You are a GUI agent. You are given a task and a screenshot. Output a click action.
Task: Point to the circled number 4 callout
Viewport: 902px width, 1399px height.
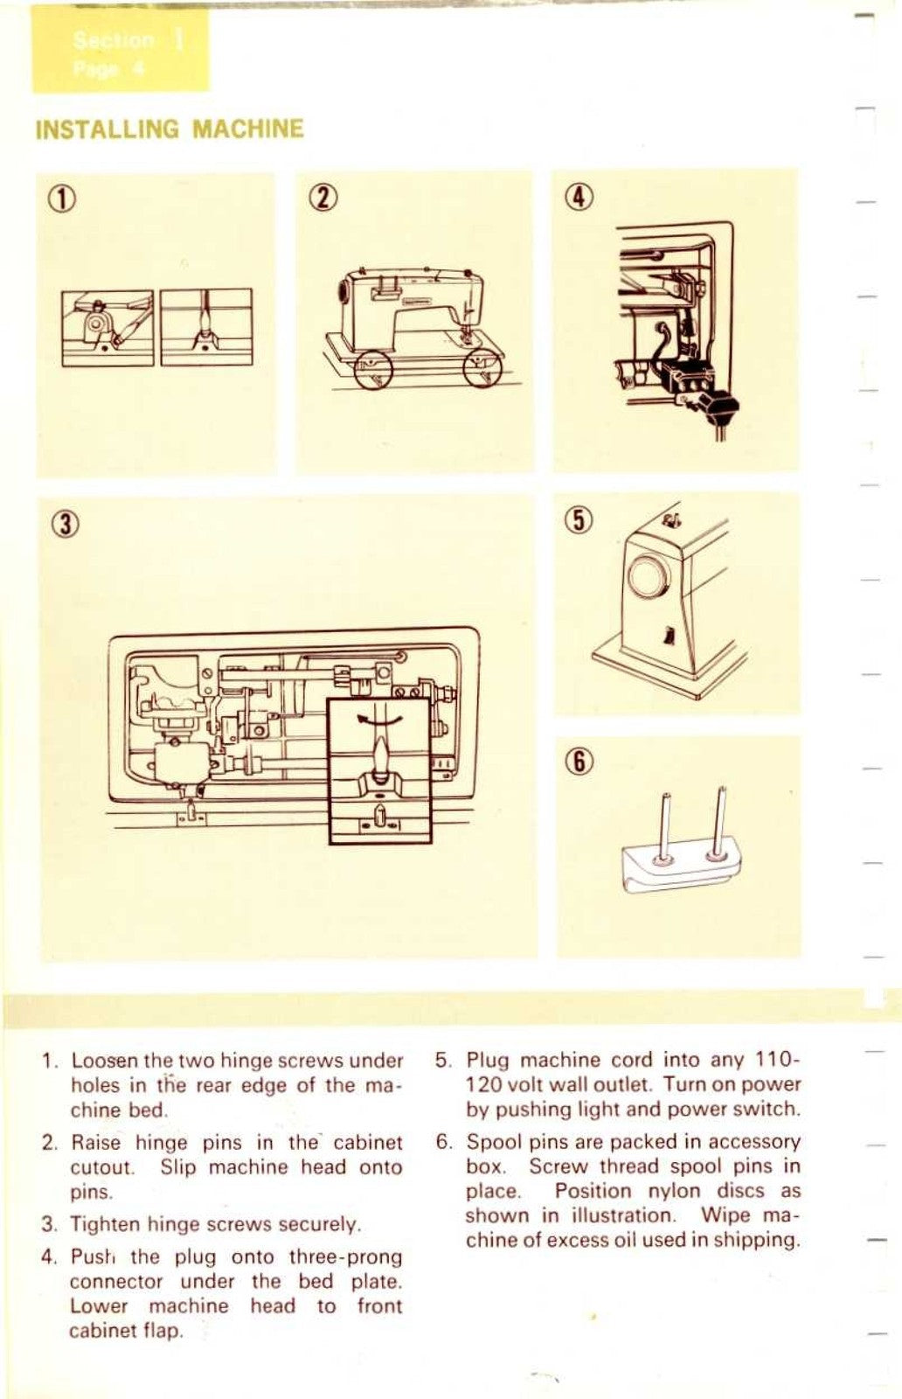click(580, 197)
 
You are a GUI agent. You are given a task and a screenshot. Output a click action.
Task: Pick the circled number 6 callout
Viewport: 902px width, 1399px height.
click(580, 762)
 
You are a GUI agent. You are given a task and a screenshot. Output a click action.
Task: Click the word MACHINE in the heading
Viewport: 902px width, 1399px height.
click(247, 129)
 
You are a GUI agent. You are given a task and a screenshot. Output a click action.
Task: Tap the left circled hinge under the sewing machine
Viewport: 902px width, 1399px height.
click(372, 367)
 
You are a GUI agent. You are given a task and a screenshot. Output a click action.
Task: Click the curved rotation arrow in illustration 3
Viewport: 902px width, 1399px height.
click(380, 718)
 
